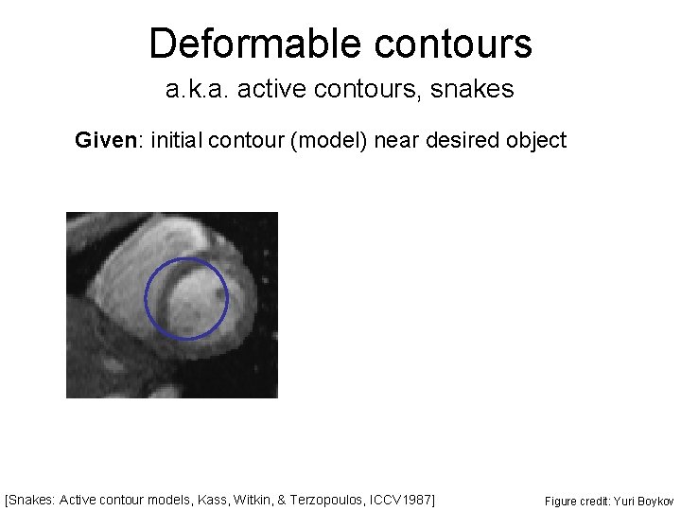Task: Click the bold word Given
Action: [x=104, y=141]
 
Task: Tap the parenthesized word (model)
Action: [x=330, y=141]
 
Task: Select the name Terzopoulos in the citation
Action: [x=334, y=498]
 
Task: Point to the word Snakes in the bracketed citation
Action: [x=33, y=498]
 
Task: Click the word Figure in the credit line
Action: [x=560, y=499]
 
